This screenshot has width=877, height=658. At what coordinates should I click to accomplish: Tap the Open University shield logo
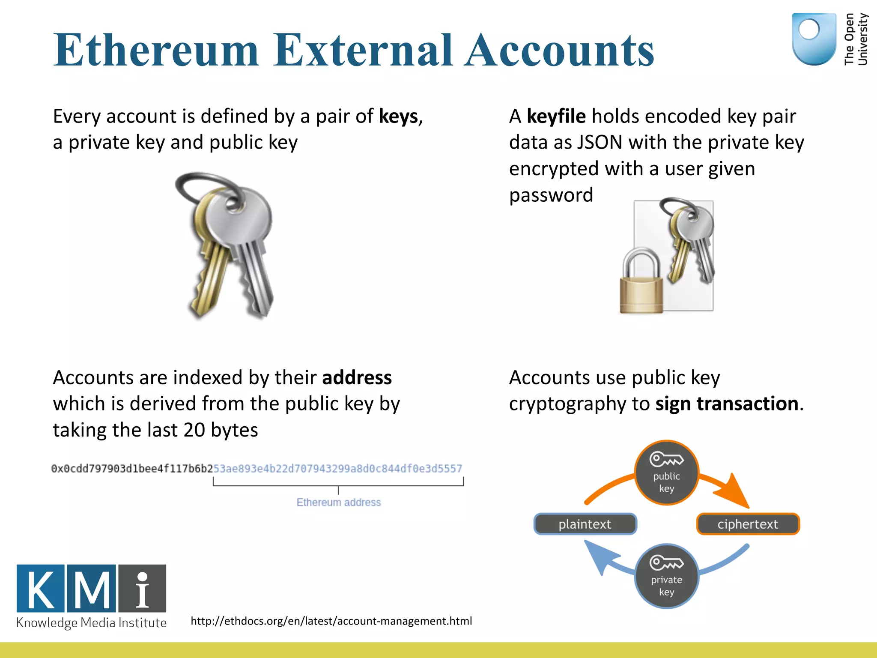(814, 39)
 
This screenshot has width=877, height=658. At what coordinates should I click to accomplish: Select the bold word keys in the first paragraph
(398, 117)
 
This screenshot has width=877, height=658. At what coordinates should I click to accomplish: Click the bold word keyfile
(556, 117)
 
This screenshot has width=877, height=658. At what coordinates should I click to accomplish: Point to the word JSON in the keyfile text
(600, 143)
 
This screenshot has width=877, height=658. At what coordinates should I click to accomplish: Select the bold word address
(357, 378)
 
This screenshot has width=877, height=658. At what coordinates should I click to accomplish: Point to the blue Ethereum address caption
(338, 502)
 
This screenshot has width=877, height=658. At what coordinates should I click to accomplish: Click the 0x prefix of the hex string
(57, 469)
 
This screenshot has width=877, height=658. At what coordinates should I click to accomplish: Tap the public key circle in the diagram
(666, 473)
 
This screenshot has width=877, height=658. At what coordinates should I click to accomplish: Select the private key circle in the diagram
(666, 576)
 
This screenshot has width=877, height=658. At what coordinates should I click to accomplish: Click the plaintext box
(585, 524)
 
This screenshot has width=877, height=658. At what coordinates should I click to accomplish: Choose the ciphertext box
(748, 524)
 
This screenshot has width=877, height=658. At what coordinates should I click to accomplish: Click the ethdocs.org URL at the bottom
(331, 621)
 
